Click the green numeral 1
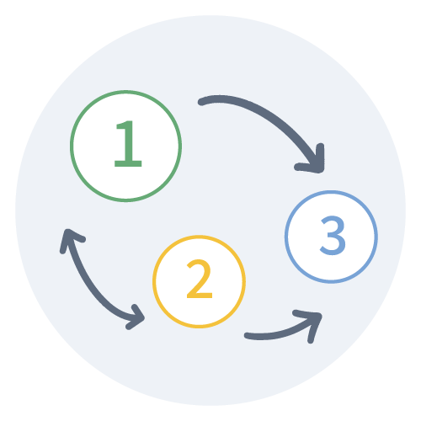[129, 144]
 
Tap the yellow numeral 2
[200, 279]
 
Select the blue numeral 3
[333, 235]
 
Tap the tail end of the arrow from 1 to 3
[201, 101]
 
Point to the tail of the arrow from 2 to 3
[248, 336]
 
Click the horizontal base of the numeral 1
[128, 163]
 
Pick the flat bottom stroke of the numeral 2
[200, 295]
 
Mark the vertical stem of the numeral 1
[129, 141]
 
